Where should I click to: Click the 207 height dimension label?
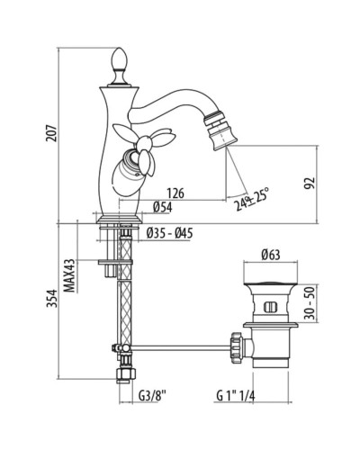click(x=51, y=132)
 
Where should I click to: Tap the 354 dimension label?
click(x=51, y=298)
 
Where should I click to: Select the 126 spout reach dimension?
click(x=175, y=193)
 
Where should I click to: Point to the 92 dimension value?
click(x=310, y=183)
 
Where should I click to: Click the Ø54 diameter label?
click(x=162, y=207)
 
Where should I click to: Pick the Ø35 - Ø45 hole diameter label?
click(x=170, y=233)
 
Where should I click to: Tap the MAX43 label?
click(x=69, y=275)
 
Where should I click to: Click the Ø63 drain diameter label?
click(x=271, y=255)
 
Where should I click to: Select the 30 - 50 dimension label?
click(x=310, y=303)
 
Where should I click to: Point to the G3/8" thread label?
click(x=152, y=395)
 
